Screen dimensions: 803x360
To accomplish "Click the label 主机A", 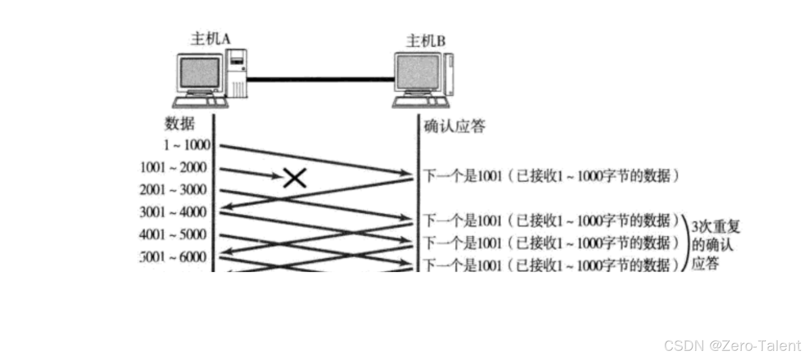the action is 210,39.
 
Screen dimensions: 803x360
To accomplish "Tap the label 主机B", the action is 425,41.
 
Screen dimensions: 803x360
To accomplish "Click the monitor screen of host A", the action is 200,73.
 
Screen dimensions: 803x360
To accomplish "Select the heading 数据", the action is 179,124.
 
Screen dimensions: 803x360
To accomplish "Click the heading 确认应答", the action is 454,127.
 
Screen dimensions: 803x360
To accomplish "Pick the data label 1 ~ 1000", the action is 187,145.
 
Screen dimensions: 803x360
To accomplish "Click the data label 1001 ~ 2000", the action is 173,168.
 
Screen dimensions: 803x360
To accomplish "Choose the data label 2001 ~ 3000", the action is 173,190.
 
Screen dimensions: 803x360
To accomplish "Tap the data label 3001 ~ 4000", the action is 173,212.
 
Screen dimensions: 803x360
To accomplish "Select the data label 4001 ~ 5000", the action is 173,235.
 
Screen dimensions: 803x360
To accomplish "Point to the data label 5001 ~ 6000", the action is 173,257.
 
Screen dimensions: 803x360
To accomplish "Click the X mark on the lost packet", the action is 294,178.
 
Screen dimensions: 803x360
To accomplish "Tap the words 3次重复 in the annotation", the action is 715,227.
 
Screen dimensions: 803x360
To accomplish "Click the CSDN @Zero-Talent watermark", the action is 731,345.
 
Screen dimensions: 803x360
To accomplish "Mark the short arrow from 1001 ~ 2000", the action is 249,173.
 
